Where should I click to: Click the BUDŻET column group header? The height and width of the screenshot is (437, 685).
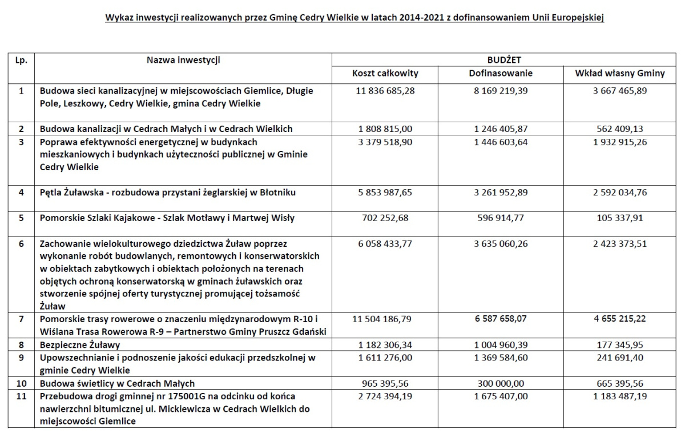click(504, 60)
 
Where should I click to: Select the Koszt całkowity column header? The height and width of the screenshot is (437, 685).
click(385, 74)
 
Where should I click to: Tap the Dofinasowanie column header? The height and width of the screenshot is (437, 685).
click(501, 74)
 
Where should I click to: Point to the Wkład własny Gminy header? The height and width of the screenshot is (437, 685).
click(619, 74)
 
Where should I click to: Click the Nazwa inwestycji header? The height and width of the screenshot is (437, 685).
click(183, 60)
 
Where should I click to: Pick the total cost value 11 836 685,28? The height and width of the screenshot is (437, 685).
click(385, 91)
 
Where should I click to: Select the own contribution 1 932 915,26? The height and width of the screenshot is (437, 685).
click(619, 142)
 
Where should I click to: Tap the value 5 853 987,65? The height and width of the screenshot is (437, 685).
click(385, 193)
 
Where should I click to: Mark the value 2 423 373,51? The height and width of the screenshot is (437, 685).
click(619, 243)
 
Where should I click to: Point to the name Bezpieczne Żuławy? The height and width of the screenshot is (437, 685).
click(80, 345)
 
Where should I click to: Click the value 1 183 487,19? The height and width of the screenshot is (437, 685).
click(619, 396)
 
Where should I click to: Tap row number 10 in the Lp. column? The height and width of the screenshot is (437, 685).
click(21, 383)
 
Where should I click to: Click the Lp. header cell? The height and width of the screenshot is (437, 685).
click(21, 60)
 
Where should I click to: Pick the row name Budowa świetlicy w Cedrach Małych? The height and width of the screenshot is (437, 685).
click(117, 383)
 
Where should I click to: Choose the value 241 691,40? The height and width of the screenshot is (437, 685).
click(619, 358)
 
